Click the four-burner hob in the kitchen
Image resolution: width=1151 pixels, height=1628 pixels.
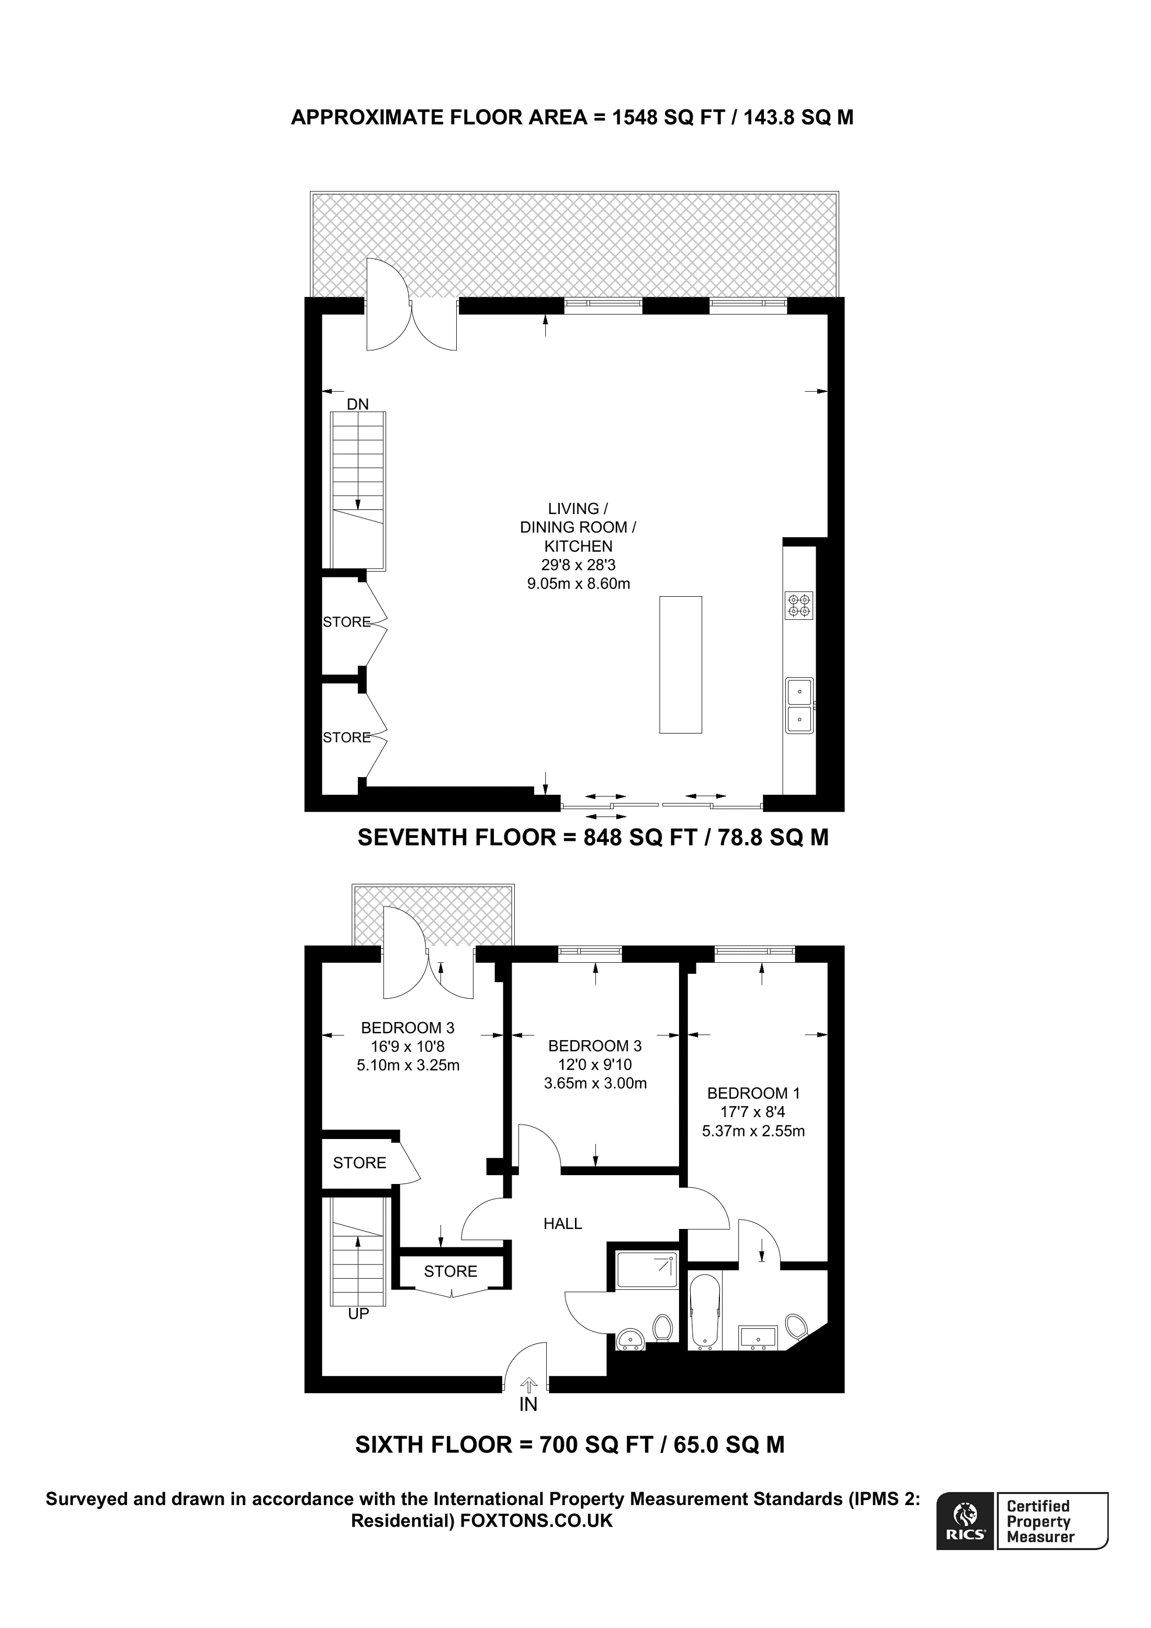click(798, 605)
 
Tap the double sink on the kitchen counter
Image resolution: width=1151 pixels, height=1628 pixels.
click(799, 705)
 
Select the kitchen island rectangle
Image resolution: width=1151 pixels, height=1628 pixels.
click(680, 664)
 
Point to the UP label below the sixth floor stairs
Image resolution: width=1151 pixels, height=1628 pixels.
click(358, 1314)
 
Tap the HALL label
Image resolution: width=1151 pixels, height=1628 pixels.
click(562, 1223)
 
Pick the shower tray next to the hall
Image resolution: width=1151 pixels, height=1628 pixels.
click(647, 1270)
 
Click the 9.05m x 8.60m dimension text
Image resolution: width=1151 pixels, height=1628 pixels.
click(578, 584)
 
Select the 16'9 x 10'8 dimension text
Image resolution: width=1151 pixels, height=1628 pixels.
click(407, 1046)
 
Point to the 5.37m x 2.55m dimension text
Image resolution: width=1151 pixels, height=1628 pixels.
click(753, 1131)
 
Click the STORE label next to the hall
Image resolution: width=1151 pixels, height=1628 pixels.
click(450, 1271)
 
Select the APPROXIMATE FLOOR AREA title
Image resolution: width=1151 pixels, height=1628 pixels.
click(572, 117)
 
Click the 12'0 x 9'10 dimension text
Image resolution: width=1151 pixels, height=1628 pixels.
click(594, 1064)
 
